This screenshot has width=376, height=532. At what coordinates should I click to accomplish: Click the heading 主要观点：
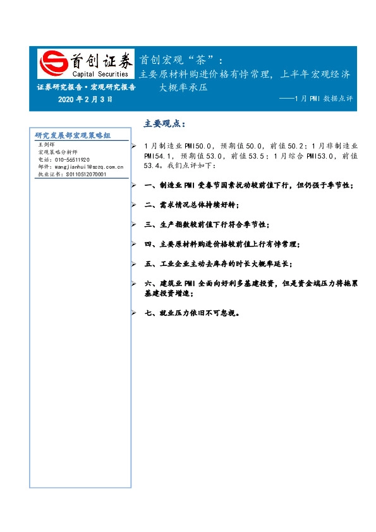point(165,123)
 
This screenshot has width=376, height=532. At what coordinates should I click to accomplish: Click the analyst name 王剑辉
point(47,145)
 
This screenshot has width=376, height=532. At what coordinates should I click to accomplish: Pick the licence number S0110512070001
point(79,174)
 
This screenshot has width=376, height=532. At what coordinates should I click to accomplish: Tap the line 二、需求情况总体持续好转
point(192,205)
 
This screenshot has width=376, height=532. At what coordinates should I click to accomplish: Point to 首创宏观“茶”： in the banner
point(181,60)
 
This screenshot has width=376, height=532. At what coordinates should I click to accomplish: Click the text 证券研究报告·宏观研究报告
point(86,88)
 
